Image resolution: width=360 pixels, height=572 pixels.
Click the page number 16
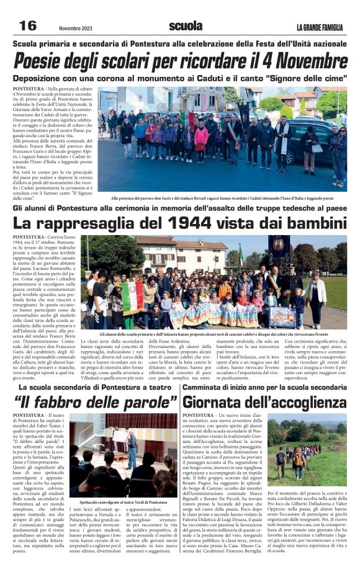click(x=27, y=25)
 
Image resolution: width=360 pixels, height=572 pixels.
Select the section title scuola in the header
click(x=185, y=26)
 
